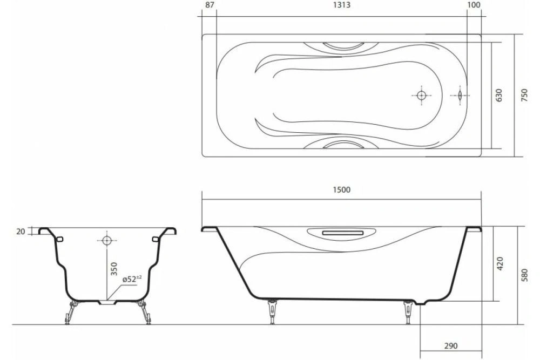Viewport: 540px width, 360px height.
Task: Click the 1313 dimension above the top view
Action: point(342,5)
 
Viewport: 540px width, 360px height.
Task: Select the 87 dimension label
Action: point(208,5)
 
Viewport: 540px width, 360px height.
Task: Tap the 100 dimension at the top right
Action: point(474,5)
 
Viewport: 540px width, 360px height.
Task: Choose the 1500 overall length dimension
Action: point(342,189)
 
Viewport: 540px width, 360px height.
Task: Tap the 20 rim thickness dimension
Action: point(21,232)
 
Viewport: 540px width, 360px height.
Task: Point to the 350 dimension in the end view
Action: point(114,269)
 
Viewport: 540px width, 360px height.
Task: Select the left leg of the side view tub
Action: point(273,313)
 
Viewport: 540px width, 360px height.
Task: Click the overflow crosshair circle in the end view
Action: point(106,239)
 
